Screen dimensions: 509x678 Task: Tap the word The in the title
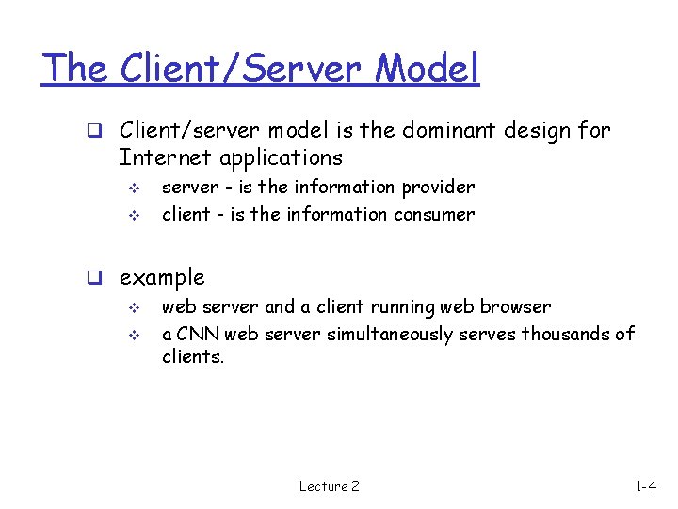click(76, 68)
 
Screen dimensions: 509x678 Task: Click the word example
click(162, 278)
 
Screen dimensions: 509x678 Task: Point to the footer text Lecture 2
click(329, 486)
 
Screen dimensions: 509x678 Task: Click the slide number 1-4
click(646, 486)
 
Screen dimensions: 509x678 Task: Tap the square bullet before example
click(95, 278)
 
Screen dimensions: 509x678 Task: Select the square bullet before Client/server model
click(95, 131)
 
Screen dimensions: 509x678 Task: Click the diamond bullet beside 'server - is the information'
click(132, 189)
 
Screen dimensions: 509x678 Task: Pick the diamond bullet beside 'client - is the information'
click(132, 215)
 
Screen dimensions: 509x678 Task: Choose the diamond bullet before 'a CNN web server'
click(132, 335)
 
